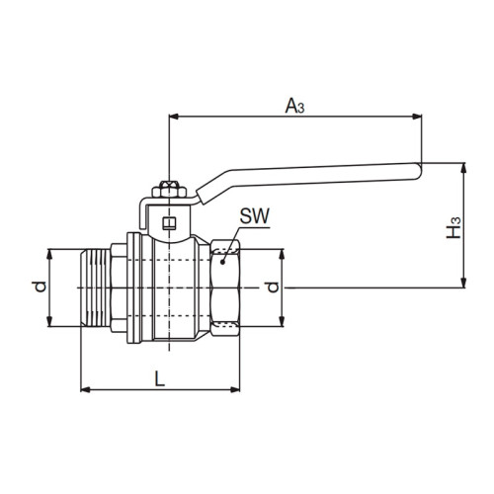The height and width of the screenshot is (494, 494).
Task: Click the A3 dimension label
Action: point(294,105)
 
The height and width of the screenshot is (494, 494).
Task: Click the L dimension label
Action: point(159,376)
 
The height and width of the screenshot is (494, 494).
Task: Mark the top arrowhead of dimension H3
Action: point(463,168)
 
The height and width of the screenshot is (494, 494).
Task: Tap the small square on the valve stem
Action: point(169,224)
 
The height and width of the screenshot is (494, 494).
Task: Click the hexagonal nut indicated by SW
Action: point(226,288)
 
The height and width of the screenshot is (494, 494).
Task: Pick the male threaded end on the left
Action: point(96,288)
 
